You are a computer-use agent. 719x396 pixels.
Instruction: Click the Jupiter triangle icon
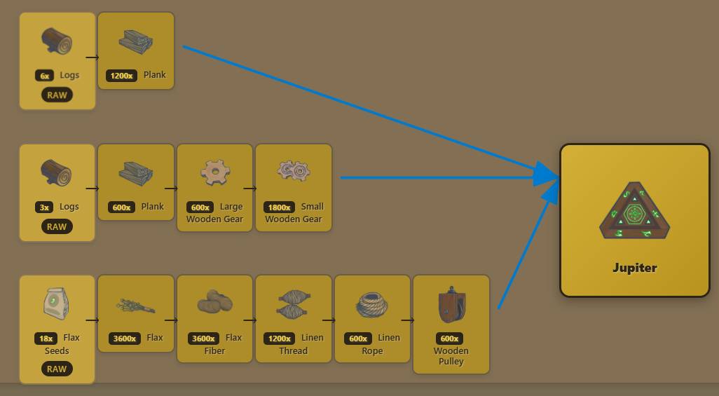click(635, 211)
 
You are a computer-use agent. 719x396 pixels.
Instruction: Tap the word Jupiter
click(635, 268)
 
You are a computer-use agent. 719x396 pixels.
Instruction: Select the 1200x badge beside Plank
click(121, 76)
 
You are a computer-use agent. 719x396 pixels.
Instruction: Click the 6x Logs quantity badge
click(44, 76)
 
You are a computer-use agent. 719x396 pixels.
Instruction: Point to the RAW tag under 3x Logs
click(57, 226)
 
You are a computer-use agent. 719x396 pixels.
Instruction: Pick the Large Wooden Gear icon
click(215, 172)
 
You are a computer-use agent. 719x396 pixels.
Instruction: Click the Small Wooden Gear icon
click(294, 171)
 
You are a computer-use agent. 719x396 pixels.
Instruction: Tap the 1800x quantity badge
click(279, 207)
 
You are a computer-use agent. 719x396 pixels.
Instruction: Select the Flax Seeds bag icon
click(56, 303)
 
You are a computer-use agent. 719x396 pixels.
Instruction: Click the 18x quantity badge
click(46, 339)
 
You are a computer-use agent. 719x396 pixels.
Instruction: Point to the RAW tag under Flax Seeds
click(57, 369)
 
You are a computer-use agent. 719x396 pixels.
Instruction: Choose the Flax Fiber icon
click(214, 301)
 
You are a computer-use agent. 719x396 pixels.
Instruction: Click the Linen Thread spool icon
click(294, 303)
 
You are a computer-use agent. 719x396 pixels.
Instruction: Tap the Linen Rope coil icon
click(372, 305)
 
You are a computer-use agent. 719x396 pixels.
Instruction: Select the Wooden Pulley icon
click(451, 305)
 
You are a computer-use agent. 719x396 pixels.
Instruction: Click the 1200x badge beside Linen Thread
click(279, 339)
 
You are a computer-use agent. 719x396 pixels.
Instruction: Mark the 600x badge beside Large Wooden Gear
click(200, 207)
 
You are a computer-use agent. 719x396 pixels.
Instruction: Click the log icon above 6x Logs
click(57, 41)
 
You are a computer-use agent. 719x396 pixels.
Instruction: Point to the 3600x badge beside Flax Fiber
click(203, 339)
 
